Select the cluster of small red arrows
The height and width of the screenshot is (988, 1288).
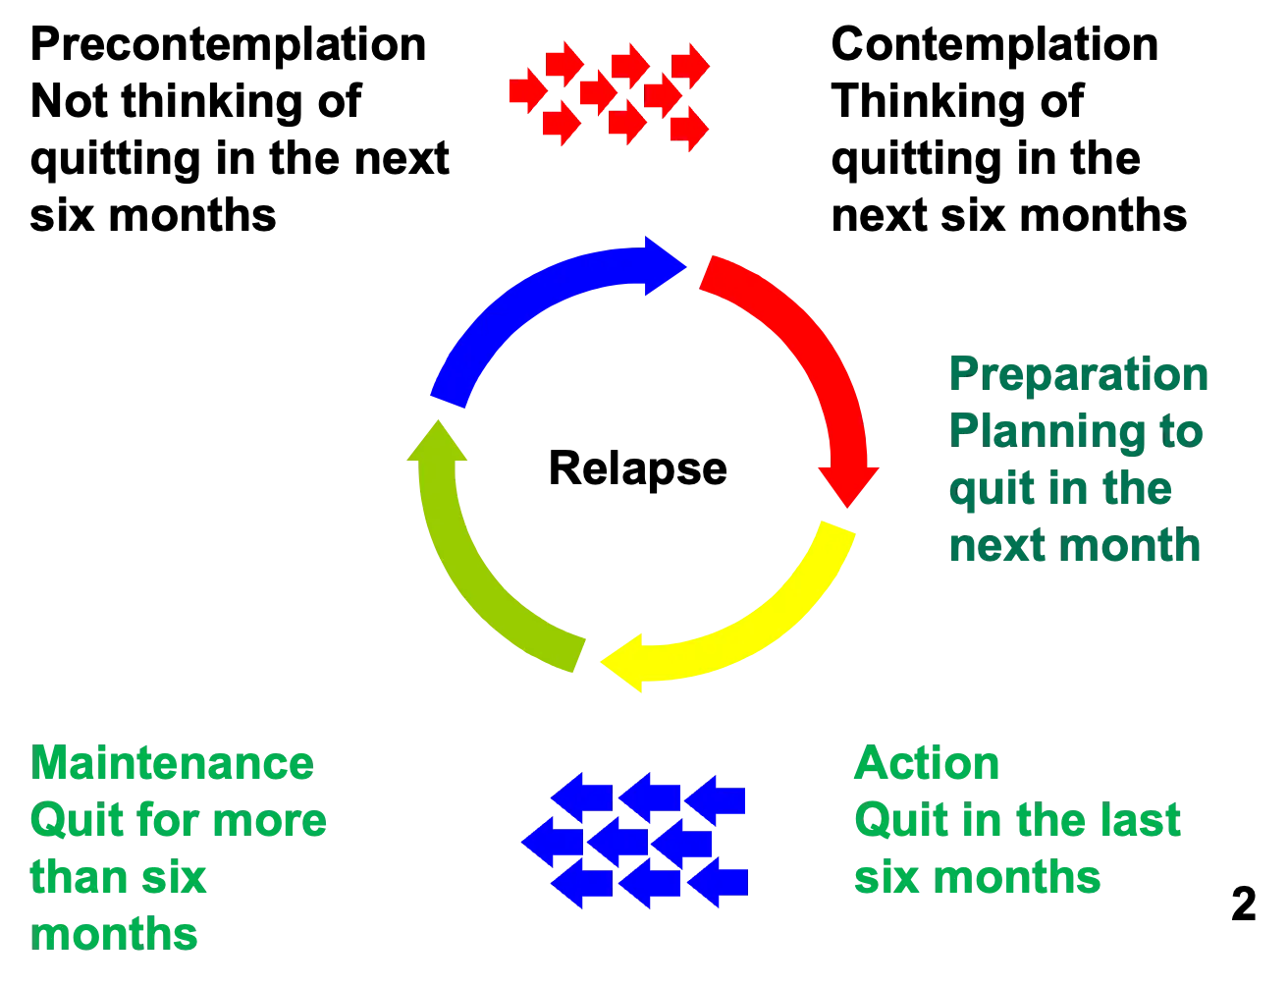609,93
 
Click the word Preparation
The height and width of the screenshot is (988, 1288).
1078,375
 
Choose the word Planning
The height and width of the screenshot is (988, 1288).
1046,432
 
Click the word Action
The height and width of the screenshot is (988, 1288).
928,764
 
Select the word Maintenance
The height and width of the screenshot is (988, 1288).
172,764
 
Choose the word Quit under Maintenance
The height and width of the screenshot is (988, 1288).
69,821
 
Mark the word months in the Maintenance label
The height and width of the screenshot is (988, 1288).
116,934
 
